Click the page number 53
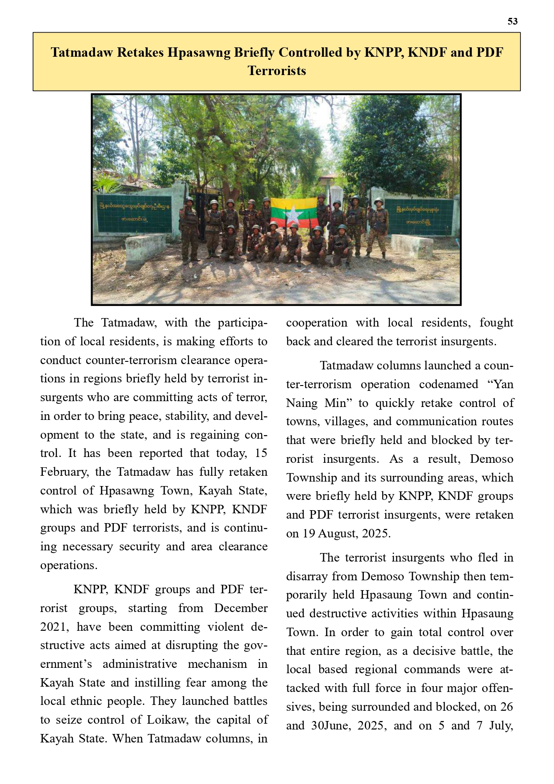click(x=512, y=21)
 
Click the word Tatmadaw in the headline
click(x=81, y=53)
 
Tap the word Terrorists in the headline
click(x=277, y=71)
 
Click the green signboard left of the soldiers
click(x=134, y=213)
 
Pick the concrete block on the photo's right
click(x=412, y=245)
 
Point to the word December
click(x=241, y=608)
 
